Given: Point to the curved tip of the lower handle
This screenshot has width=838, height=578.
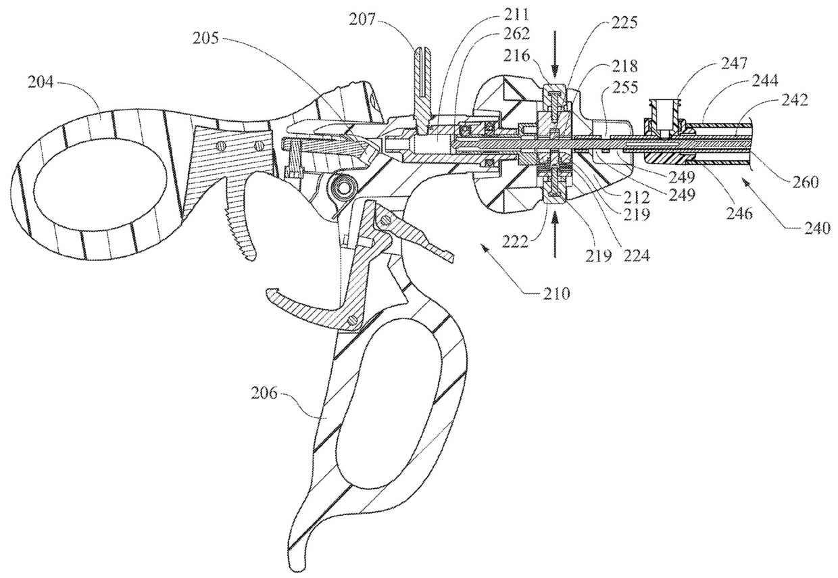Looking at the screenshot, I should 297,551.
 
